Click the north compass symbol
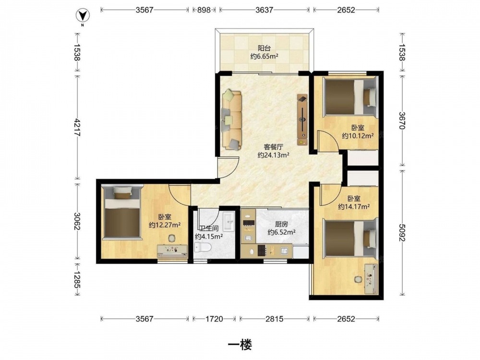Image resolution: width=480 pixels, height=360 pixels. [83, 16]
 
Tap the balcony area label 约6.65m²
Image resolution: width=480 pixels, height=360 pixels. [264, 56]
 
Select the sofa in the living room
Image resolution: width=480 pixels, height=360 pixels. [231, 120]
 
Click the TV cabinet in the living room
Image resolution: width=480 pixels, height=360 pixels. [302, 120]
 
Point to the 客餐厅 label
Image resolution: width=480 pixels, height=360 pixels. [274, 147]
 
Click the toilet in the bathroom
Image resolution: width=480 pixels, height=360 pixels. [203, 247]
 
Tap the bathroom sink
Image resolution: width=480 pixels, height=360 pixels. [228, 221]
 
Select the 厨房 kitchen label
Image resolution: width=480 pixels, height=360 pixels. [281, 224]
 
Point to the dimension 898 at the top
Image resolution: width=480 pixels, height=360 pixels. [204, 10]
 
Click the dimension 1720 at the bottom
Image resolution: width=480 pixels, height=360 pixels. [214, 319]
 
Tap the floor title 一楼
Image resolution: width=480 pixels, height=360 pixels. [240, 345]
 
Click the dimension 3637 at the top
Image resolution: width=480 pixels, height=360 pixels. [264, 10]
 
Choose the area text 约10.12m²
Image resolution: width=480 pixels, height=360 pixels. [358, 136]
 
